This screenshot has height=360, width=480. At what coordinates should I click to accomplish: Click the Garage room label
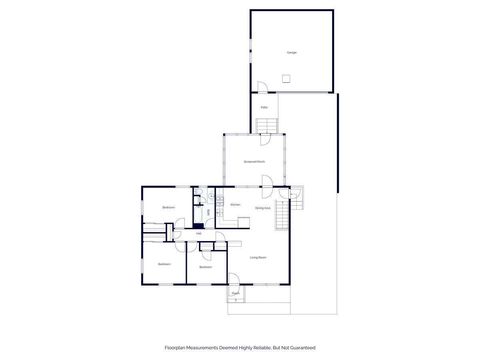pos(292,52)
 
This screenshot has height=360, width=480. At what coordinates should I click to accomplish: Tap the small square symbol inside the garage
pos(285,77)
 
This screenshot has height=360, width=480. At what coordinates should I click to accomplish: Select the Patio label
pos(264,107)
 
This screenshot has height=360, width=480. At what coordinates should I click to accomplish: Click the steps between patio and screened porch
pos(268,125)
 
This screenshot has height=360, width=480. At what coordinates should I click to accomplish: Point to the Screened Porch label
pos(254,160)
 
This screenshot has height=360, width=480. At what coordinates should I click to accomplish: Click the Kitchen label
pos(235,205)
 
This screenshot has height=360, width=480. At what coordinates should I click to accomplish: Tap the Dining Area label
pos(262,208)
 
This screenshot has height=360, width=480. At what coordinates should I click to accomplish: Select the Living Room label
pos(257,257)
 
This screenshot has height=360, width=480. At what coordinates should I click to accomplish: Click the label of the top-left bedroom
pos(169,207)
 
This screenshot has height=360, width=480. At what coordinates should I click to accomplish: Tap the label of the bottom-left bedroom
pos(163,264)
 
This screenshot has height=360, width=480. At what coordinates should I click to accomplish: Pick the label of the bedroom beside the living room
pos(205,267)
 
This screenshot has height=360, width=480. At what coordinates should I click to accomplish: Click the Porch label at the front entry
pos(236,294)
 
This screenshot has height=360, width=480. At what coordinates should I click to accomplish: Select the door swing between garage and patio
pos(260,88)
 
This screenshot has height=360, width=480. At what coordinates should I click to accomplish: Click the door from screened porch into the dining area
pos(268,181)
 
